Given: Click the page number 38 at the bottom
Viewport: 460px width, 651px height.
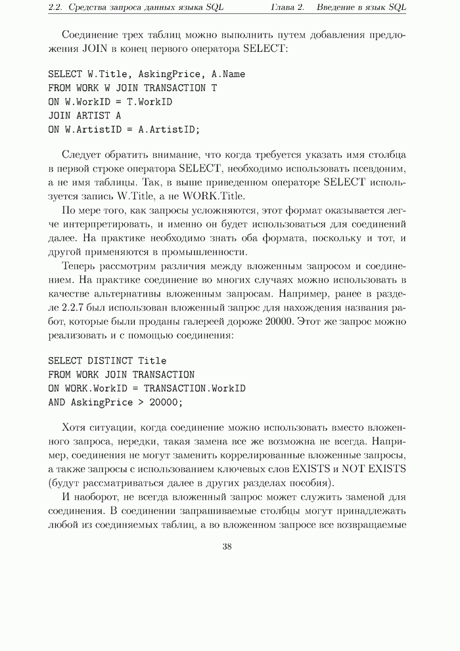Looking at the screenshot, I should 227,546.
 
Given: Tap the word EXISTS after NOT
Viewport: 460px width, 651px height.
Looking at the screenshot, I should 386,468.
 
